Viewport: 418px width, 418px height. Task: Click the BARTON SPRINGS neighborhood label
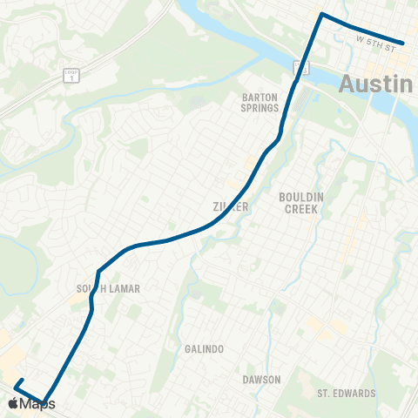tap(261, 104)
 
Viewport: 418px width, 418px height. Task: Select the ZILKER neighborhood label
tap(232, 207)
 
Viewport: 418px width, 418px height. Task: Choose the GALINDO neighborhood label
tap(205, 348)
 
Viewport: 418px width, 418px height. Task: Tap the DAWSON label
tap(261, 380)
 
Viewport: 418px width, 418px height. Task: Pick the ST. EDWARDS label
tap(347, 393)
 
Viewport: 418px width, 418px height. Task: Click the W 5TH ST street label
tap(376, 42)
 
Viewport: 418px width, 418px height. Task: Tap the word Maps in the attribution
tap(38, 404)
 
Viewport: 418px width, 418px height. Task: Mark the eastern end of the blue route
tap(403, 42)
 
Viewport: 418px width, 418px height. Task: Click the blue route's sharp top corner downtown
tap(322, 15)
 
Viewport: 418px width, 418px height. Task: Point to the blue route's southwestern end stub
tap(17, 382)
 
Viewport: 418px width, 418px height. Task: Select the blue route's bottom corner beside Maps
tap(44, 401)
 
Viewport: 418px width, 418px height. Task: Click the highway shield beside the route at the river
tap(299, 67)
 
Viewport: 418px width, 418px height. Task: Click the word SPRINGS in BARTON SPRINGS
tap(261, 109)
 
